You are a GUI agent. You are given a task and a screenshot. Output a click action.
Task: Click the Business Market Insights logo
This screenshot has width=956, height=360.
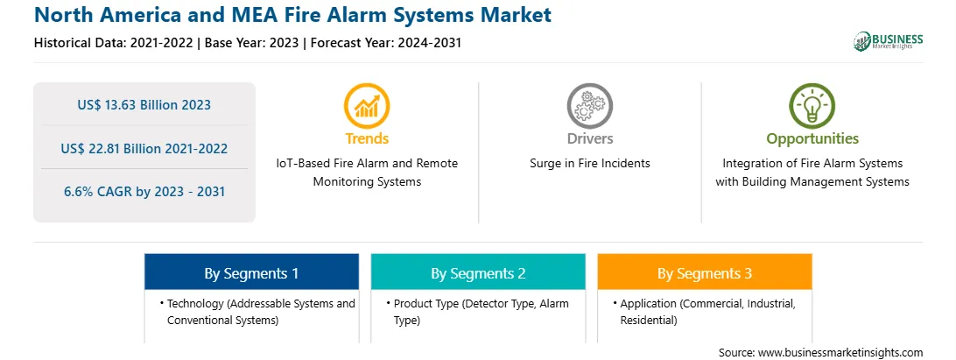click(x=888, y=41)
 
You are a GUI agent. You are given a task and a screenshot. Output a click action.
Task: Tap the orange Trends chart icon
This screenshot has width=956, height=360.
click(x=367, y=106)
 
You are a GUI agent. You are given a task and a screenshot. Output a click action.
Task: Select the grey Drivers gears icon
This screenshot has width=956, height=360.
click(x=589, y=106)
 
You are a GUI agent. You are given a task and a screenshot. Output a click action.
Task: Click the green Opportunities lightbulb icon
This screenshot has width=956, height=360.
click(x=812, y=106)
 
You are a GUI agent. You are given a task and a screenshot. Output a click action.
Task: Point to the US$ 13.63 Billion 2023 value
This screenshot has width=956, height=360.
click(x=144, y=104)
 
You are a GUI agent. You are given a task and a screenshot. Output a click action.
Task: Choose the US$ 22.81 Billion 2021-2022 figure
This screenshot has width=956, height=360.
click(x=144, y=148)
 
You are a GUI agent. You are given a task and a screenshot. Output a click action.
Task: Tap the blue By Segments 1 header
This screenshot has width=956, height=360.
click(x=251, y=272)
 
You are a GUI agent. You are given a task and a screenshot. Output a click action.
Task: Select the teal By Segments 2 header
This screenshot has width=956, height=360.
click(x=478, y=272)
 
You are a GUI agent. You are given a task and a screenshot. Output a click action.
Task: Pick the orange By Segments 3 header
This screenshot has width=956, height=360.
click(x=705, y=272)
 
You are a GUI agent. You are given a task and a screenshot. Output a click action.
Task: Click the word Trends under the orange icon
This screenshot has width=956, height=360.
click(x=367, y=138)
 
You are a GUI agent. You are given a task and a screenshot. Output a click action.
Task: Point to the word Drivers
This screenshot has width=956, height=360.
click(x=589, y=138)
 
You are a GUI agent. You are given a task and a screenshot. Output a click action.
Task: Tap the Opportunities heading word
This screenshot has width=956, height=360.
click(x=812, y=138)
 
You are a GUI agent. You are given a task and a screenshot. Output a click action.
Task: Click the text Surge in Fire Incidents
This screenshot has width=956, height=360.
click(x=589, y=163)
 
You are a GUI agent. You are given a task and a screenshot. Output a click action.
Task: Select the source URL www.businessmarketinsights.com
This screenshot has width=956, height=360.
click(x=840, y=352)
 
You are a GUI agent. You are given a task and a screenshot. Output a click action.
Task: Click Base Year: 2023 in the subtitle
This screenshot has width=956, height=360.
click(x=252, y=43)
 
